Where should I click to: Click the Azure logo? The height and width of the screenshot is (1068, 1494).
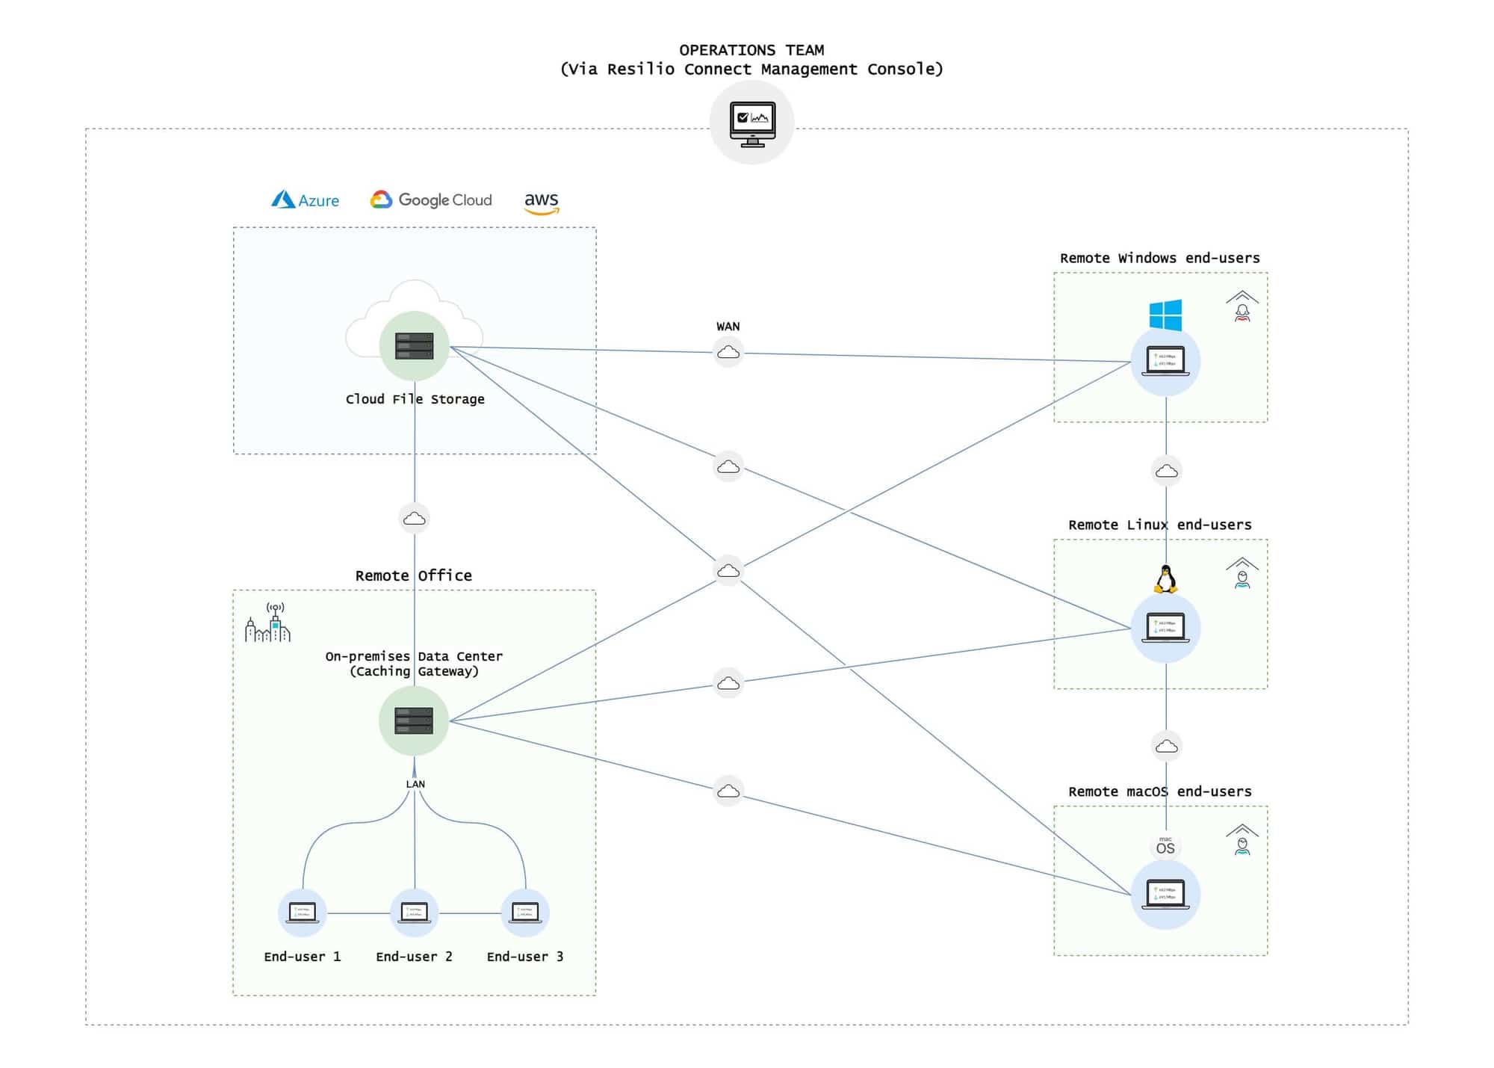pos(305,200)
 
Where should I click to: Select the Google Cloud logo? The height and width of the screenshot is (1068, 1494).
pos(431,200)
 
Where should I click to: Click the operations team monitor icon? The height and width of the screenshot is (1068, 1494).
pos(751,123)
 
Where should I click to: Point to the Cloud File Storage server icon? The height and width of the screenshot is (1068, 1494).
pos(415,346)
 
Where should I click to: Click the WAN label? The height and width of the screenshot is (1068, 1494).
pos(728,327)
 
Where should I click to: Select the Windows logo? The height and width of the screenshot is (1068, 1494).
pos(1165,315)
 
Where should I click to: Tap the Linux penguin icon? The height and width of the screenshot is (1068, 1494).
pos(1165,579)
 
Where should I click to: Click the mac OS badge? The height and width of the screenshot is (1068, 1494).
pos(1165,846)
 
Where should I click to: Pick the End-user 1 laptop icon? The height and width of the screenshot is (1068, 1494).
pos(303,913)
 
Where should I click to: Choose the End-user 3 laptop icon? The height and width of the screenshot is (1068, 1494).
pos(525,913)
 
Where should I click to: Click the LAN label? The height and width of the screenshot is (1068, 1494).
pos(415,784)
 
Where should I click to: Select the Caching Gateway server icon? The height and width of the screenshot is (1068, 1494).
pos(414,720)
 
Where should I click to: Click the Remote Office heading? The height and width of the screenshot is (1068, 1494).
pos(413,575)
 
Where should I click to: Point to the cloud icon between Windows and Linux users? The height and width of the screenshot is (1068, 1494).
pos(1166,471)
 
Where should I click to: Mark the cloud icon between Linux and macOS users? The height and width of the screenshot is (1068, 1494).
pos(1166,746)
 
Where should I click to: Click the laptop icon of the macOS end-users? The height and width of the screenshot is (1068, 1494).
pos(1165,894)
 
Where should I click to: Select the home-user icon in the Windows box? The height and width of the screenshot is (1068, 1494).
pos(1242,306)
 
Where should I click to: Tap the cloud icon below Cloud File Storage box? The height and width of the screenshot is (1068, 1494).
pos(415,518)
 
